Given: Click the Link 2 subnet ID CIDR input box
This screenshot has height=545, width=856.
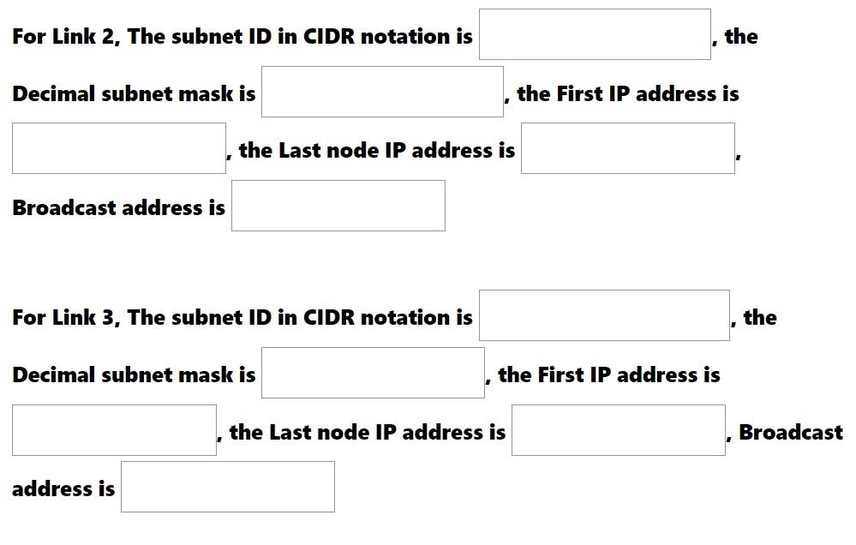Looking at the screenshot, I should [x=595, y=34].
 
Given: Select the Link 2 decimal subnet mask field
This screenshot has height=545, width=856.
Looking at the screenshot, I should [x=382, y=92].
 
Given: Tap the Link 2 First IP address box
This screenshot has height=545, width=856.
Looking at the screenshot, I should [x=119, y=148].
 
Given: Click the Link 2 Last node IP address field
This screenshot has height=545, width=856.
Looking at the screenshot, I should [x=627, y=148].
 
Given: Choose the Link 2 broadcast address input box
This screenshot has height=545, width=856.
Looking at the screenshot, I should [x=338, y=206].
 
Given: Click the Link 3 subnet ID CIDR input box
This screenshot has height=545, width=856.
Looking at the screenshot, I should [x=604, y=315].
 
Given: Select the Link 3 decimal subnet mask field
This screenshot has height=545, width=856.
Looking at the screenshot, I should [x=373, y=373].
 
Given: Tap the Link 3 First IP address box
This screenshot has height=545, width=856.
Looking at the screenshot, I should [x=114, y=430].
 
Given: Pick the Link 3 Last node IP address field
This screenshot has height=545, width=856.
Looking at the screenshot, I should [x=618, y=430].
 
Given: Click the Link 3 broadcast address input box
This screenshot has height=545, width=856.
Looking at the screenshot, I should [x=227, y=487].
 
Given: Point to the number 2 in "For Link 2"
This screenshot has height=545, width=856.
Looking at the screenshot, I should [x=109, y=37].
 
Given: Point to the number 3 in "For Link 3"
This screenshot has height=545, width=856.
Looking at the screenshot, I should [x=109, y=318].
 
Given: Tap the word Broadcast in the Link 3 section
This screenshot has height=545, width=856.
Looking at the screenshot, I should [x=790, y=433].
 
